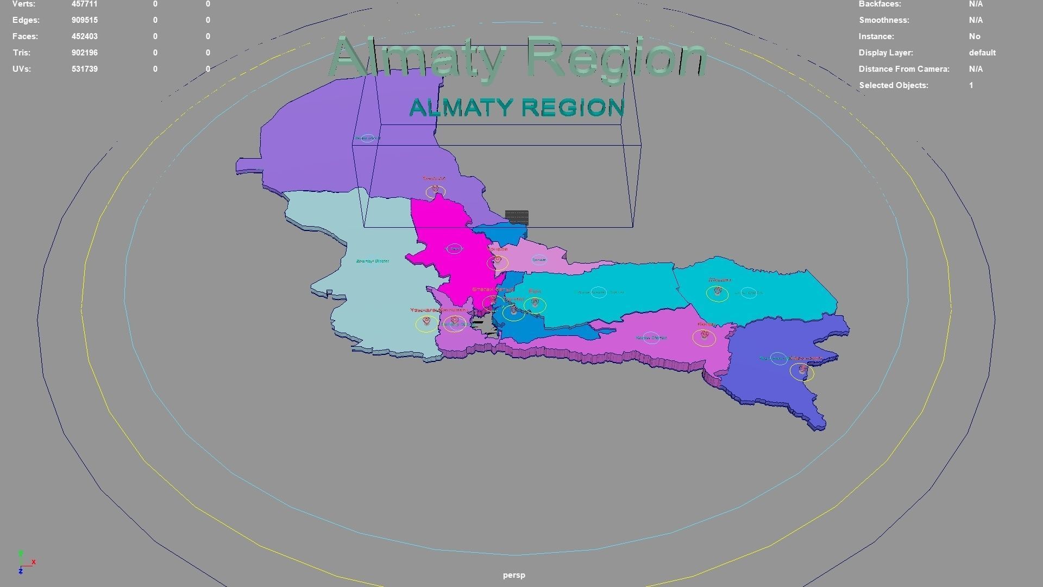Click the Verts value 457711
84,4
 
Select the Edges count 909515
84,20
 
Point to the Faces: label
25,36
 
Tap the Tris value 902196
84,53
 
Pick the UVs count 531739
84,69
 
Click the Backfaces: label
879,4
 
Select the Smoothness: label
883,20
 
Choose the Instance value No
975,36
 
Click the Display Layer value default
982,53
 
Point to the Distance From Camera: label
903,69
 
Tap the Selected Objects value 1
971,85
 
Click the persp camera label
514,575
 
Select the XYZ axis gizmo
24,563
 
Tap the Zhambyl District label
373,261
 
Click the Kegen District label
651,338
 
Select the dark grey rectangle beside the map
517,217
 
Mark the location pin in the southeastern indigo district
802,370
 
